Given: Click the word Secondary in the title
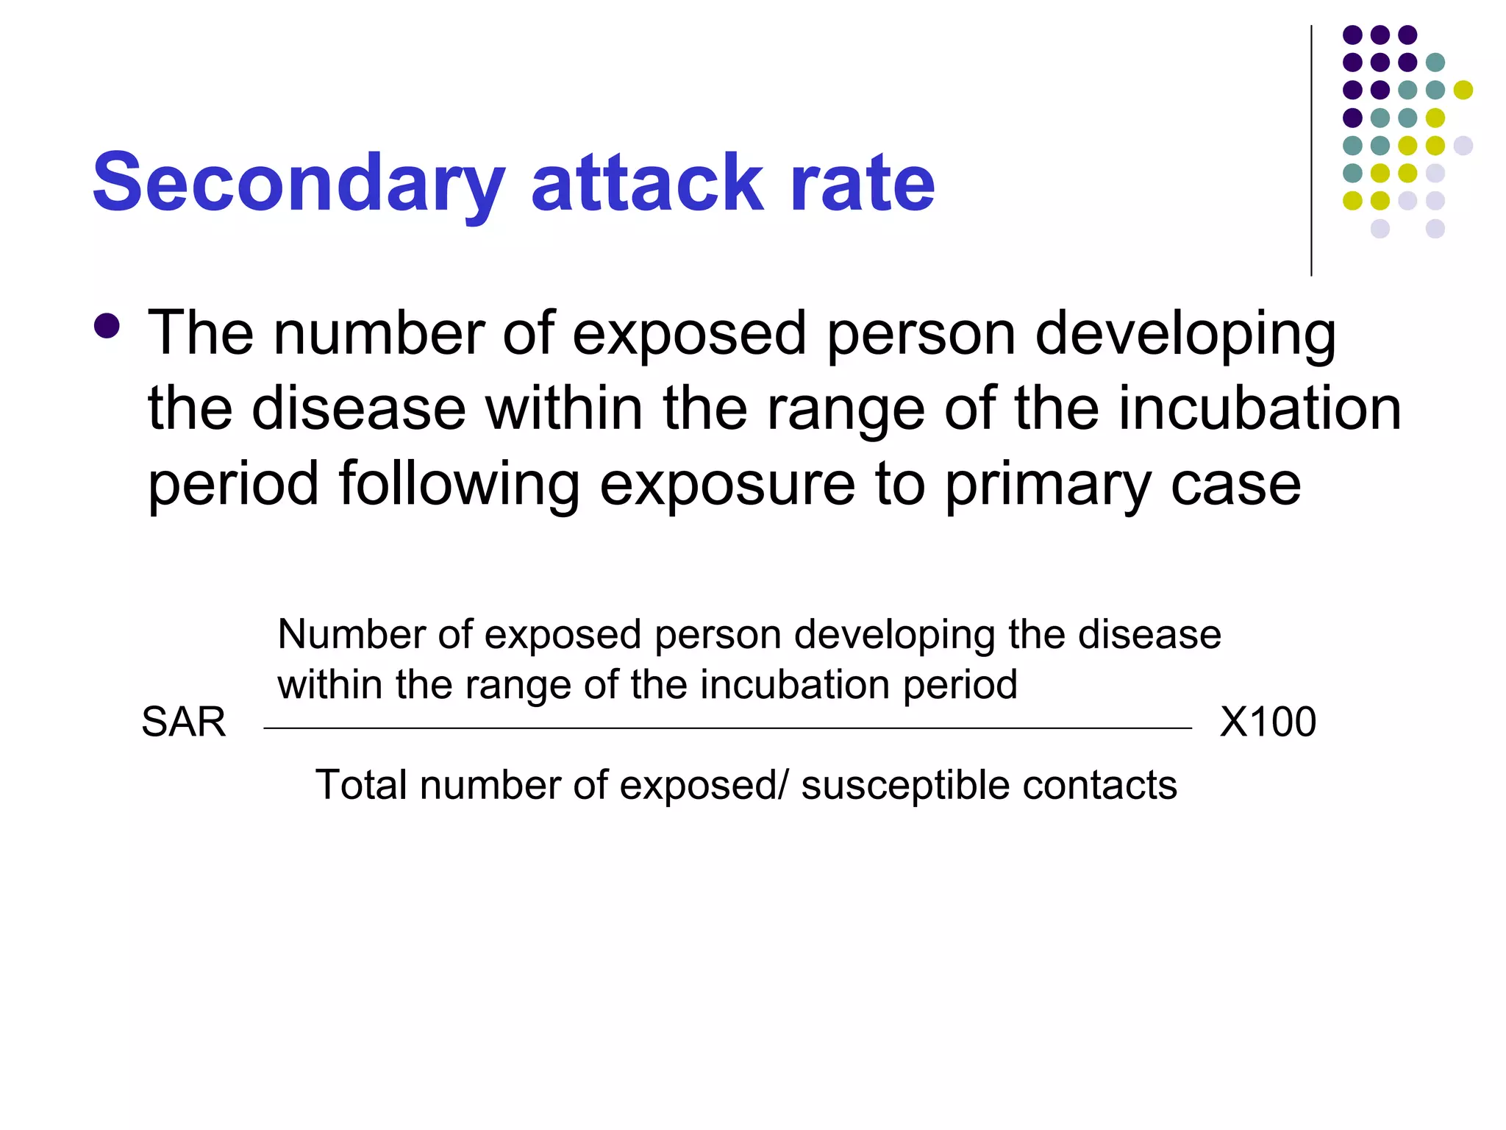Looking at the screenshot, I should tap(299, 184).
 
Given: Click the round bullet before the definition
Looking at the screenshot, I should tap(107, 326).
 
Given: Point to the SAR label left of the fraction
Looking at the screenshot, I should tap(183, 722).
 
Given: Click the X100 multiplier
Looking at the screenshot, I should tap(1268, 722).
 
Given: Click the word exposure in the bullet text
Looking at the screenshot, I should tap(727, 486).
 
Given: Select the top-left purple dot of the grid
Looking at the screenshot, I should tap(1352, 35).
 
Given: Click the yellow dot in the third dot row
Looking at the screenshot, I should tap(1463, 90).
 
